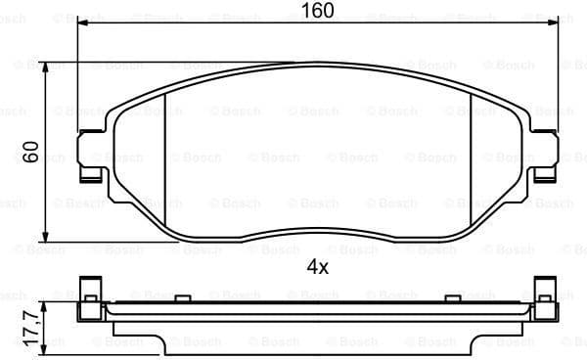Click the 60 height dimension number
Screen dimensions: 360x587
point(30,153)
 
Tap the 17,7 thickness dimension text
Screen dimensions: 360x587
point(30,322)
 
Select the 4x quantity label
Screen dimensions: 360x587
point(316,265)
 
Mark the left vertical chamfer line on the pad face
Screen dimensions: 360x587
point(168,147)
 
